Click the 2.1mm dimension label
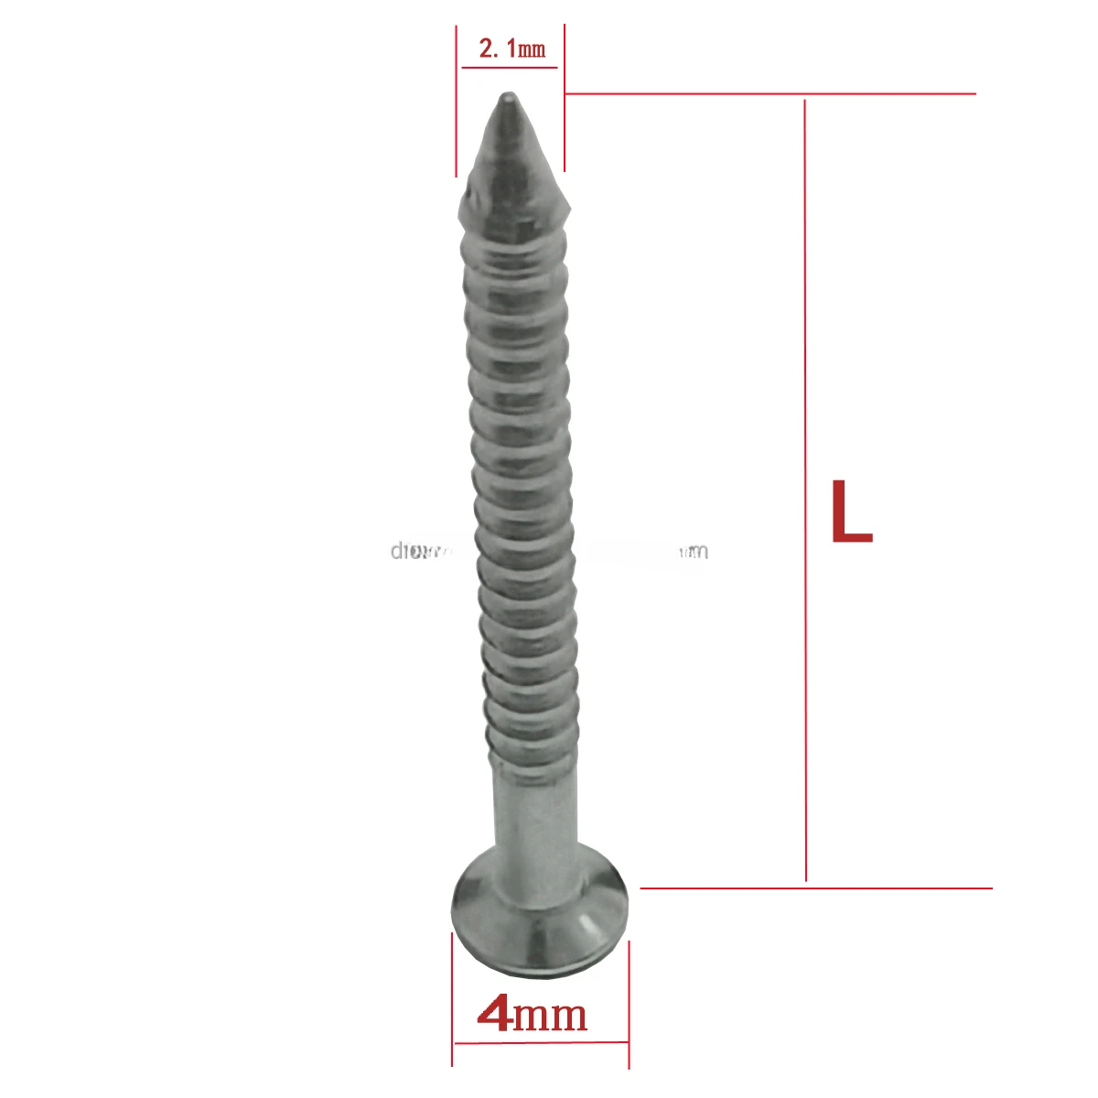[511, 48]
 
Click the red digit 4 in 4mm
[494, 1014]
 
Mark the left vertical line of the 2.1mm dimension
[456, 101]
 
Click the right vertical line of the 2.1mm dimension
[564, 101]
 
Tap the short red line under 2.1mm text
[510, 67]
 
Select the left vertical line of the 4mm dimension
[452, 997]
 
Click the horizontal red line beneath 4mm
[540, 1042]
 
